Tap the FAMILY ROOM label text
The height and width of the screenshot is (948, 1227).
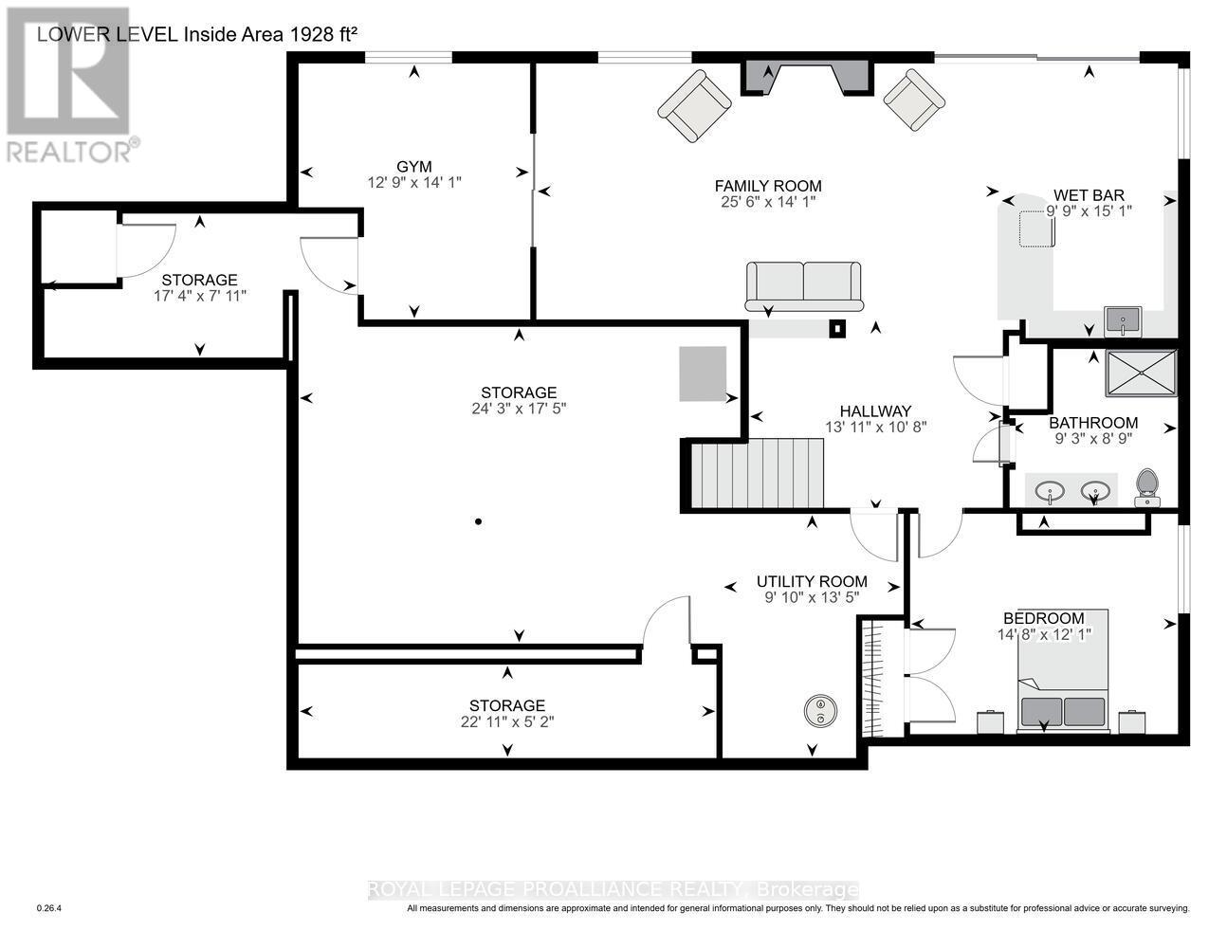pos(768,186)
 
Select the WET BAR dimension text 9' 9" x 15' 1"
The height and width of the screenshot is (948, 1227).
pos(1090,210)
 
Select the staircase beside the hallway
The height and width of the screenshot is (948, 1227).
pos(757,473)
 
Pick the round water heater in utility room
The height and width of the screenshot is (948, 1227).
pos(820,710)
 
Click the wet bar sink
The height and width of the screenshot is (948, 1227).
pos(1125,321)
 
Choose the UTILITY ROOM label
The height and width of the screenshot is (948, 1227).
pos(812,581)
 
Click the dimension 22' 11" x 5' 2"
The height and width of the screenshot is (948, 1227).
pos(507,721)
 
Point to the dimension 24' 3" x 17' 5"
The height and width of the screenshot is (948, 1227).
pos(519,409)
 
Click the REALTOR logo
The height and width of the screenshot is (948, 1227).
pos(68,85)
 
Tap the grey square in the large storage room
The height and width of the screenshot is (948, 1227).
pos(703,374)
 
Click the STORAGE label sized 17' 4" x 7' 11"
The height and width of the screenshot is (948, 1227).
pos(199,280)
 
